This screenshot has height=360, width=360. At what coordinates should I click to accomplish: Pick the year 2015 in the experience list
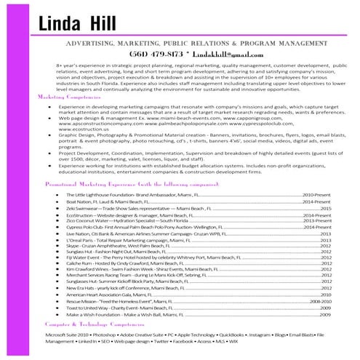pyautogui.click(x=325, y=209)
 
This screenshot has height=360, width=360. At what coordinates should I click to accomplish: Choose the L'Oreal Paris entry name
pyautogui.click(x=79, y=240)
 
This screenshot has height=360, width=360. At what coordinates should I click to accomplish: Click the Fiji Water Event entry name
pyautogui.click(x=81, y=258)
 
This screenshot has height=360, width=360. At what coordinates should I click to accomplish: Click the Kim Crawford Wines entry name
pyautogui.click(x=84, y=271)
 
